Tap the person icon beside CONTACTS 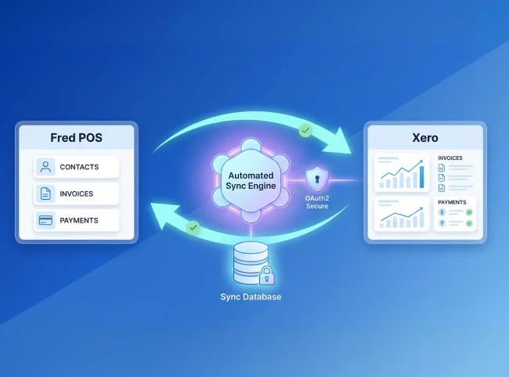pos(45,167)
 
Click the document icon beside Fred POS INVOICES pos(45,194)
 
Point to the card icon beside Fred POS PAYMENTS pos(45,220)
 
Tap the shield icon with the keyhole pos(316,179)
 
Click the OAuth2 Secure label pos(316,202)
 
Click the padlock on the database pos(266,275)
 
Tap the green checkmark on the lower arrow pos(193,227)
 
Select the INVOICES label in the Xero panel pos(450,158)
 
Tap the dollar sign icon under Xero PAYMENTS pos(442,212)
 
